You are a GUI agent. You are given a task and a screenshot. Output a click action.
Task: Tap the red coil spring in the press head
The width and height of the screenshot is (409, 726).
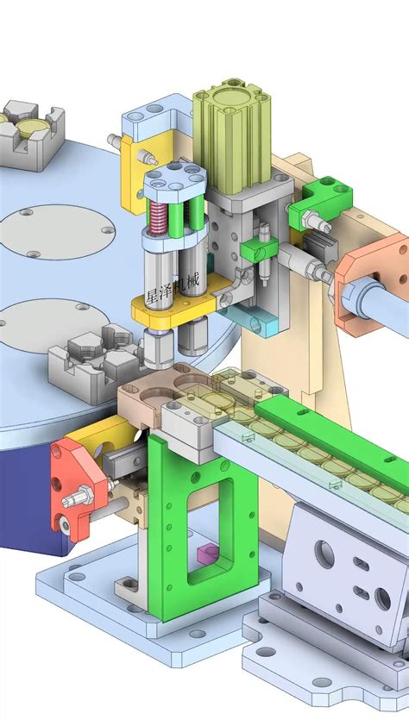pyautogui.click(x=160, y=226)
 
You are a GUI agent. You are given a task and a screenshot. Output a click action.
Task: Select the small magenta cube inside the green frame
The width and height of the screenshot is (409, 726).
pyautogui.click(x=207, y=554)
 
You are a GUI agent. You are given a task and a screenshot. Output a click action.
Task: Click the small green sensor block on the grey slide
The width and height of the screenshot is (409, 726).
pyautogui.click(x=257, y=251)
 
